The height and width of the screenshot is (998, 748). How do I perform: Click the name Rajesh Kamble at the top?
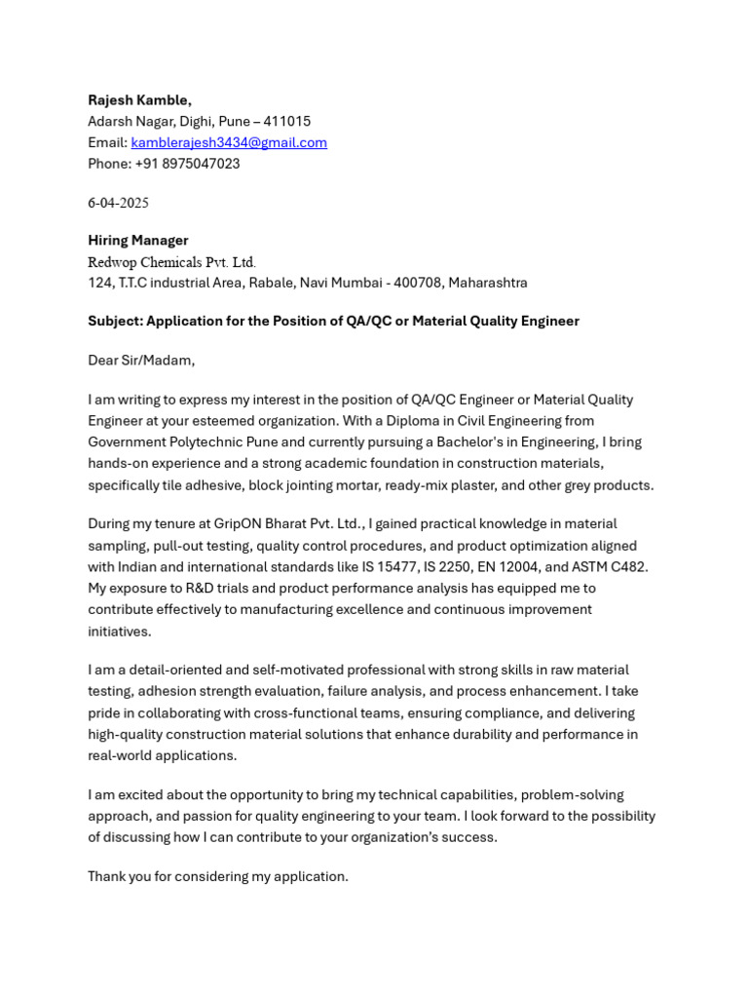(139, 100)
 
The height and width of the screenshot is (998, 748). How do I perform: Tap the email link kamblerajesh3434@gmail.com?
(229, 142)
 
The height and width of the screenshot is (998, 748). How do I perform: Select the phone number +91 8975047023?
(187, 164)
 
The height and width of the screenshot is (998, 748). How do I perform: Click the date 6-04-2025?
(118, 203)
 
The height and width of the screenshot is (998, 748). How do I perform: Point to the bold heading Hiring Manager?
(138, 241)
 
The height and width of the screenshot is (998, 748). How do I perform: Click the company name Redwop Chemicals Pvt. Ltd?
(171, 262)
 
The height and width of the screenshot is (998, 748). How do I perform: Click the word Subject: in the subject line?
(115, 322)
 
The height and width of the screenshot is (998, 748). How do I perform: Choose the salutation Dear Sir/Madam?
(141, 361)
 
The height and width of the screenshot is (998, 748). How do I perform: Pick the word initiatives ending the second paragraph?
(119, 632)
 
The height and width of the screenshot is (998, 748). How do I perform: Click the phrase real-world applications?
(162, 756)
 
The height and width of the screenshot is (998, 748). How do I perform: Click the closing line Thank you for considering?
(217, 877)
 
